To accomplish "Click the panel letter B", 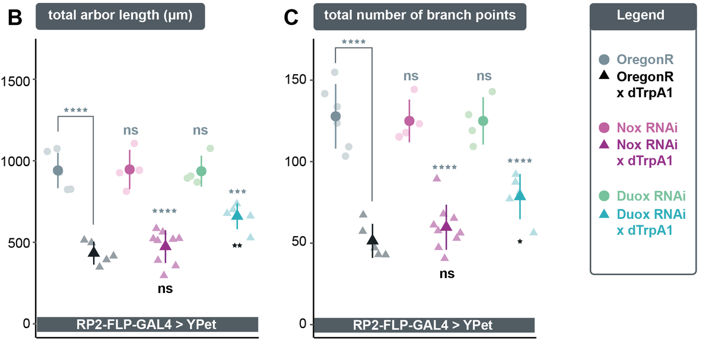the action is pos(15,17).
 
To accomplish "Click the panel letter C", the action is pos(291,17).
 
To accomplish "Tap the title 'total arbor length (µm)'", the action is pos(120,15).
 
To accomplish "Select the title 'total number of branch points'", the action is pos(420,15).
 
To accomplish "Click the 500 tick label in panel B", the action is pos(19,243).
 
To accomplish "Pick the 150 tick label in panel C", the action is pos(295,79).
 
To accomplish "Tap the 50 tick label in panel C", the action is pos(299,242).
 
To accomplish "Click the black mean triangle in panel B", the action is pos(94,252).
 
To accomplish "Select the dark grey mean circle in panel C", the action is pos(335,116).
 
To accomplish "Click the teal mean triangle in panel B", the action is pos(237,215).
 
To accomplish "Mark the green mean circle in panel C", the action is pos(483,121).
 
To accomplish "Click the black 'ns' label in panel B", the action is pos(166,288).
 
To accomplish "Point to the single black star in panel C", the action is pos(520,241).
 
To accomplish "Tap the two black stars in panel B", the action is pos(237,246).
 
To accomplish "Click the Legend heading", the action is pos(640,15).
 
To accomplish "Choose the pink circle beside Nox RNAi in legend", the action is pos(604,128).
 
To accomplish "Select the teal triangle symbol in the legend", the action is pos(604,214).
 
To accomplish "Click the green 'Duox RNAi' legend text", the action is pos(651,196).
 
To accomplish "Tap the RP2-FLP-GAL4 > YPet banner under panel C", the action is pos(424,325).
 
